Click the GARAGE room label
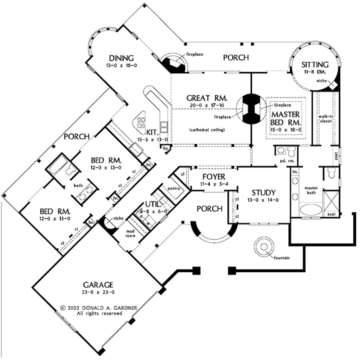[98, 284]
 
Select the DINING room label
[121, 58]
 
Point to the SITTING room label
[315, 64]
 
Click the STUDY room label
[263, 192]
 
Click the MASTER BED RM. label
[285, 119]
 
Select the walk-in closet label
[326, 118]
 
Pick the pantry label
[174, 189]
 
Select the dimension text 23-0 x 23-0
[98, 292]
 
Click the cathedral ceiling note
[207, 129]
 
